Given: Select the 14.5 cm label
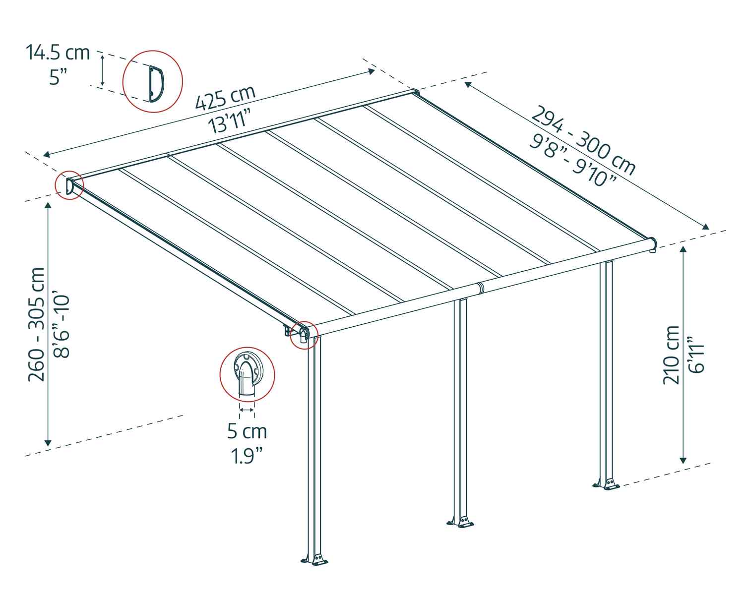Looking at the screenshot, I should pos(58,52).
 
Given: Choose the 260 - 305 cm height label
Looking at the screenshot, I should pos(37,324).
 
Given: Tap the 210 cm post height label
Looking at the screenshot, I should pos(671,355).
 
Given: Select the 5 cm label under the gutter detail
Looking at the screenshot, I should pos(247,431).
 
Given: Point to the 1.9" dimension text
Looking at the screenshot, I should pos(247,455).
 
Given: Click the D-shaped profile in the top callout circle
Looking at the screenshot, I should pos(157,82).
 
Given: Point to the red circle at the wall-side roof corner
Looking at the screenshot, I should pos(68,185).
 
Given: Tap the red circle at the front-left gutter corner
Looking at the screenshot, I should pos(303,335).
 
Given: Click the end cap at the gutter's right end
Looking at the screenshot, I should pos(653,243).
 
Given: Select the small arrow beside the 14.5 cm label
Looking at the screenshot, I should pos(102,70).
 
